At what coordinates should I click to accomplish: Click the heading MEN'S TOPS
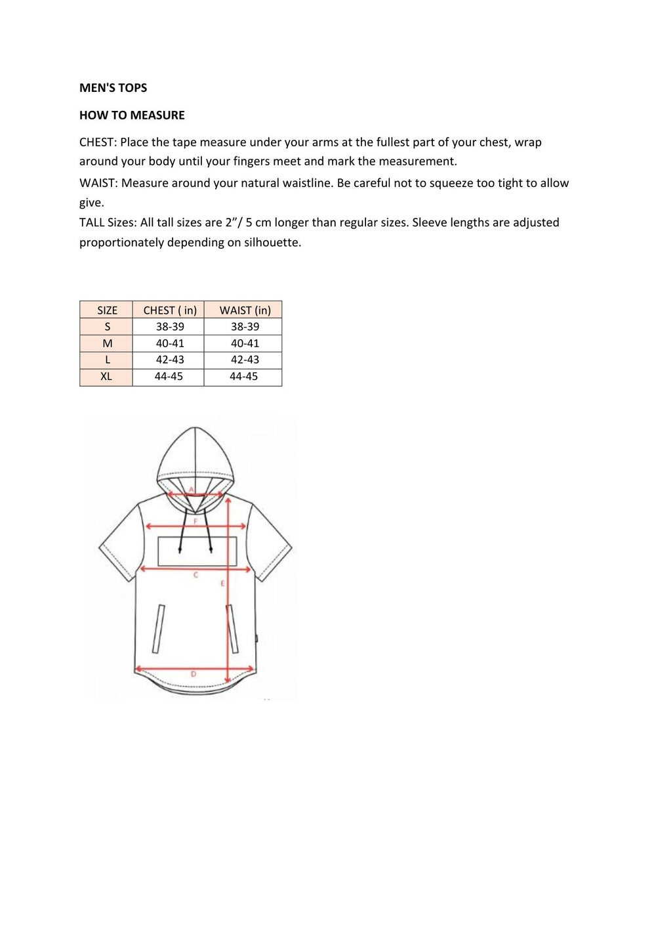tap(113, 88)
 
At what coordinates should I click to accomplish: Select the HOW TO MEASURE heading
tap(132, 116)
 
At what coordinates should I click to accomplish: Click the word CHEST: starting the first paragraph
tap(98, 142)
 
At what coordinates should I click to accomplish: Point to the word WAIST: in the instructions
tap(98, 183)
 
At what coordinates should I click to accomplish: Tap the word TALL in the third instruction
tap(92, 222)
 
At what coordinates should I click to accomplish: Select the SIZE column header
tap(107, 310)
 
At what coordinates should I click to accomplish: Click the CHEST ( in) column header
tap(170, 310)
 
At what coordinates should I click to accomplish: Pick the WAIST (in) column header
tap(245, 310)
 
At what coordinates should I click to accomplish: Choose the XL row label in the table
tap(106, 377)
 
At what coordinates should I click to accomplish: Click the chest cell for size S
tap(170, 327)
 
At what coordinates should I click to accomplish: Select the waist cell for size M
tap(245, 343)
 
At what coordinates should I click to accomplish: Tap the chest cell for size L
tap(170, 360)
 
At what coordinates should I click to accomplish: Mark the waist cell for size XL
tap(243, 377)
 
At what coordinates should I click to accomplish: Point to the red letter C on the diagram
tap(195, 576)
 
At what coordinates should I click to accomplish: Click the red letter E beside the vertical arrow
tap(222, 583)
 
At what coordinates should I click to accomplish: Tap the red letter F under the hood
tap(195, 521)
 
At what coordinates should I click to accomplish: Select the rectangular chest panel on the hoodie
tap(197, 551)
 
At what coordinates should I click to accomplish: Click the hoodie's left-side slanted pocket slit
tap(158, 629)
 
